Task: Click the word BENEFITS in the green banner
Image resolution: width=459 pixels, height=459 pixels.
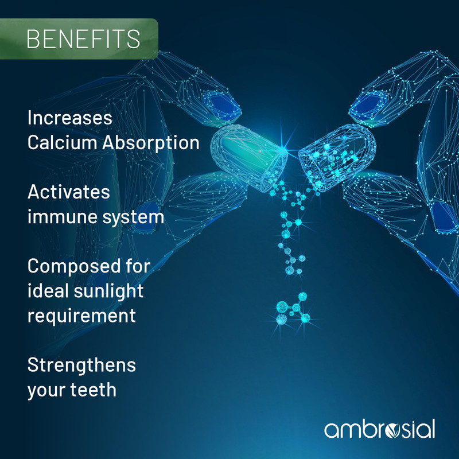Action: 83,38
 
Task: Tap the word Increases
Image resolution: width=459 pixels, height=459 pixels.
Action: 70,118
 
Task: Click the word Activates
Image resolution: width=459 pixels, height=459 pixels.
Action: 69,192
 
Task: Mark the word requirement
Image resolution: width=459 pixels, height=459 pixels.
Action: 81,317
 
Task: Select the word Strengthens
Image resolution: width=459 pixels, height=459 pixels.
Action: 81,366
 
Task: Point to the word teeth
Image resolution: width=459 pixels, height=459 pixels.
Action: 94,390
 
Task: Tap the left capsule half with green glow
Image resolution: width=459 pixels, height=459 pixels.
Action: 249,157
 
